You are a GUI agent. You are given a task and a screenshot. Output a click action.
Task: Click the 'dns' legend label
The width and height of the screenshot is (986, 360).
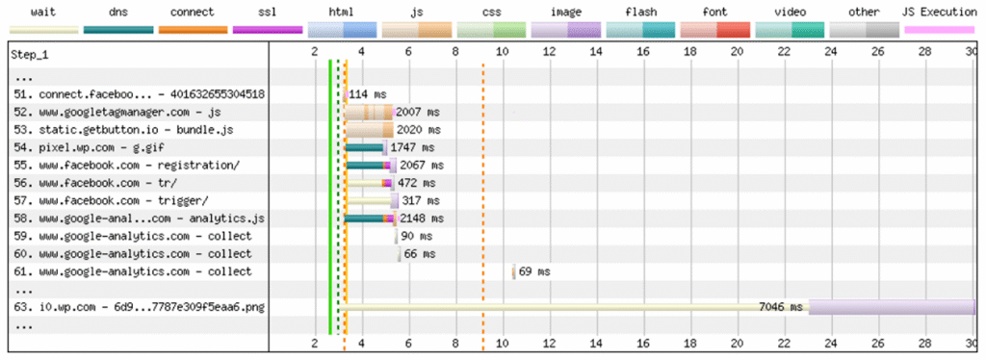pos(117,13)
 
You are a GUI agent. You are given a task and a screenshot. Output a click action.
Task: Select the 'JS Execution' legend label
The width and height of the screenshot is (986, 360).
pos(939,13)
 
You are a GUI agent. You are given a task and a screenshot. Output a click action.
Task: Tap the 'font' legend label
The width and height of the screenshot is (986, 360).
pos(716,13)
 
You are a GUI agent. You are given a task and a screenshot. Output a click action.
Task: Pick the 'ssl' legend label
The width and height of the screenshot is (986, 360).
pos(268,13)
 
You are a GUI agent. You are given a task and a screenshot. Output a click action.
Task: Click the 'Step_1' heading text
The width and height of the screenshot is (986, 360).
pos(31,54)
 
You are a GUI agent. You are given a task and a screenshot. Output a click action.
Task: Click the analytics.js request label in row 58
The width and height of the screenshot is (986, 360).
pos(140,219)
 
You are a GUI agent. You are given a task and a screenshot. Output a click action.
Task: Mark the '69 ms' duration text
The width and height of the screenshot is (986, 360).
pos(534,271)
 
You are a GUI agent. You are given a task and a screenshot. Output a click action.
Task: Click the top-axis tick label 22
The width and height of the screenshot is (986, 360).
pos(784,54)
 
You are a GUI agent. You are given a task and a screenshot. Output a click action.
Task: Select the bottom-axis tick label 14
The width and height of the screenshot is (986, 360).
pos(595,343)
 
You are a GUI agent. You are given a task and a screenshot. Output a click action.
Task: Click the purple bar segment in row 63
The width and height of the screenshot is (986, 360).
pos(892,307)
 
